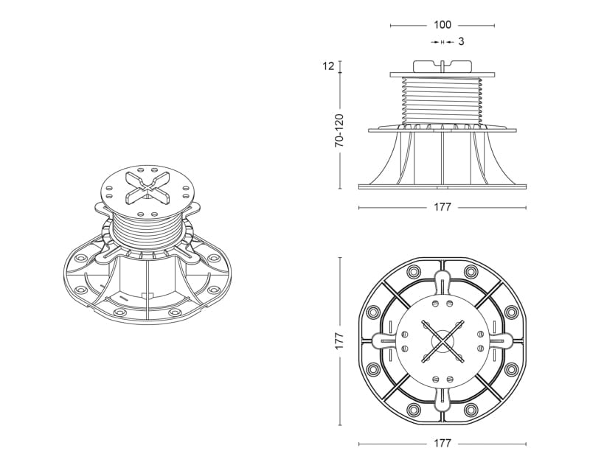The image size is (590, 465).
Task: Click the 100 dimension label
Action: tap(442, 25)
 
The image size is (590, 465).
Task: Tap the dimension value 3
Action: tap(461, 42)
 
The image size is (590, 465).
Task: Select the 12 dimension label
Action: tap(328, 66)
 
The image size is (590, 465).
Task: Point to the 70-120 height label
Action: tap(339, 131)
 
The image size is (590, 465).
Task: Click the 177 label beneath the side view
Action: tap(442, 208)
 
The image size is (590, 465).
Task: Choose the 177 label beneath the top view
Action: tap(442, 444)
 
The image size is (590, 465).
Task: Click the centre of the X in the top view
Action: tap(442, 341)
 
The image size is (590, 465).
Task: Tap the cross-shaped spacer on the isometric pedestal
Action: tap(146, 183)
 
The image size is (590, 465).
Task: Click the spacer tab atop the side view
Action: tap(442, 65)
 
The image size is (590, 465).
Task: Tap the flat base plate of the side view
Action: tap(442, 186)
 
